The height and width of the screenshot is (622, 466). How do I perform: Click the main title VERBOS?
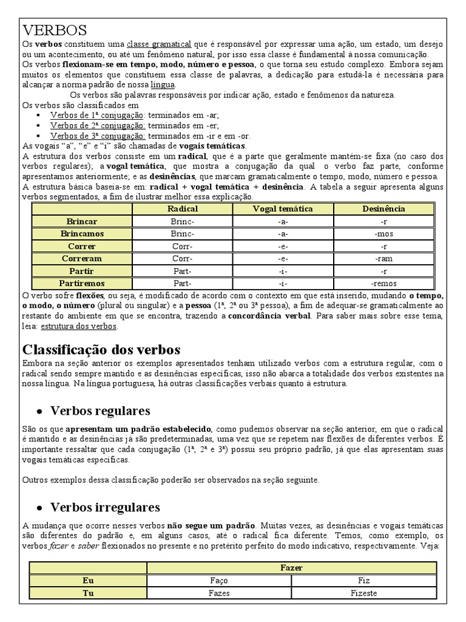(55, 30)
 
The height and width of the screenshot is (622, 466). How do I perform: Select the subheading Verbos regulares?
(100, 410)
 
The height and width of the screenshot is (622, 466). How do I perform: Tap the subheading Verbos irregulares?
(105, 507)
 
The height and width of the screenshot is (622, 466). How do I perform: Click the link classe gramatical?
(159, 44)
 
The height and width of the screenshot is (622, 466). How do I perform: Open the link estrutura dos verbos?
(79, 326)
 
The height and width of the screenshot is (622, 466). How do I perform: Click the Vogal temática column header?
(282, 209)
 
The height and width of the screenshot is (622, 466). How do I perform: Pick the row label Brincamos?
(82, 234)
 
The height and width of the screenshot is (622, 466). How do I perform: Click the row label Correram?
(82, 259)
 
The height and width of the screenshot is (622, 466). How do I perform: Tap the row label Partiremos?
(82, 283)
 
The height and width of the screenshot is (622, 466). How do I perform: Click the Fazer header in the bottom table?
(292, 568)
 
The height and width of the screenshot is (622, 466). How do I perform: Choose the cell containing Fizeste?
(363, 593)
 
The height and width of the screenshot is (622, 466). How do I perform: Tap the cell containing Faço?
(219, 581)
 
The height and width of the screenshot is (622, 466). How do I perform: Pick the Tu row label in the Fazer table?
(88, 593)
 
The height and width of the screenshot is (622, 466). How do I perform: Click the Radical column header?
(183, 209)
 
